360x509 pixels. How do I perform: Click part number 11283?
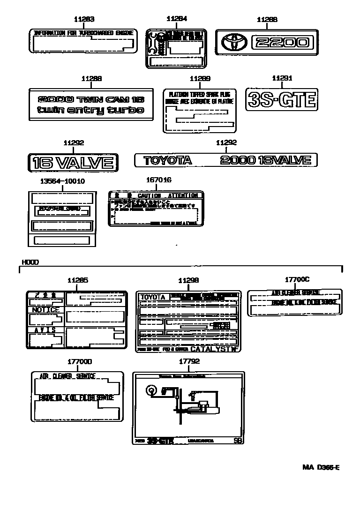(84, 19)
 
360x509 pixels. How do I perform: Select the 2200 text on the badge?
(280, 43)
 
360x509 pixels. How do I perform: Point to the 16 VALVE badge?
(73, 163)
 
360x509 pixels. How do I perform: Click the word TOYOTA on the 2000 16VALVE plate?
(167, 160)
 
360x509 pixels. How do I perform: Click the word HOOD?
(30, 262)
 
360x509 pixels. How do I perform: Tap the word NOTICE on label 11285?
(45, 310)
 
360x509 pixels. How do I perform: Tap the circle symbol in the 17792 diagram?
(151, 390)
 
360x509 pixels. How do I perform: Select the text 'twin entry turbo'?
(91, 111)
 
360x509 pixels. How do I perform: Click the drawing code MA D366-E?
(321, 468)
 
